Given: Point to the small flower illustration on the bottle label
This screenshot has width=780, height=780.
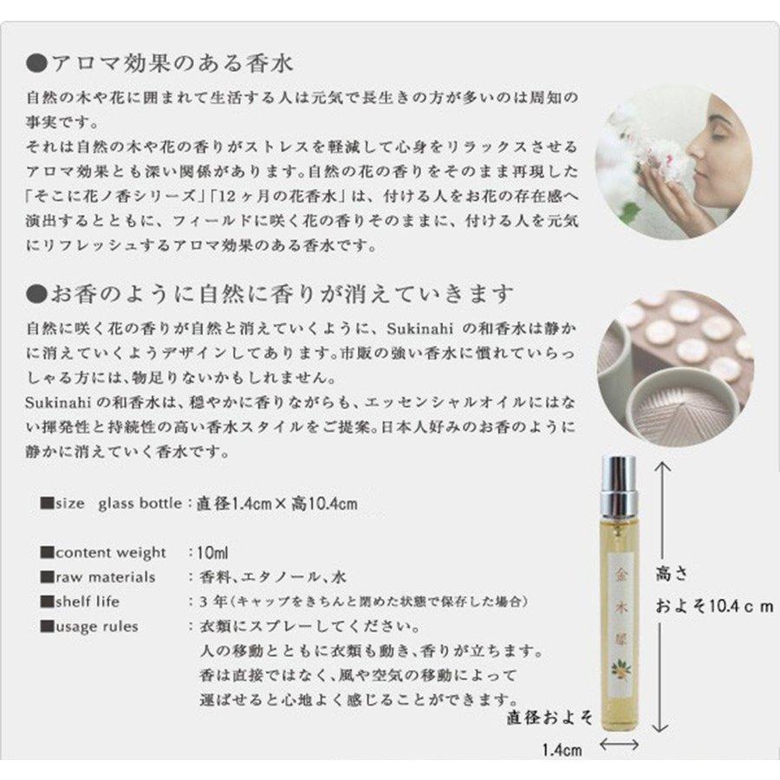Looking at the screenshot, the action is pos(621,668).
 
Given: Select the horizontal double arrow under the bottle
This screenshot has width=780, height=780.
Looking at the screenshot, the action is pos(620,744).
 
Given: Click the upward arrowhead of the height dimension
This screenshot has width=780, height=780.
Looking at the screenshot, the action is pos(662,467).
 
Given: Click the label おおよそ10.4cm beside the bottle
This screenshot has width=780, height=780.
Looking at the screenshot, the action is pos(714,607).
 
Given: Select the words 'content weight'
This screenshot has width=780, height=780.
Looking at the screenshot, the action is pos(110,553).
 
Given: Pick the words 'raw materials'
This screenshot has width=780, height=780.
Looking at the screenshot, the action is pos(105,577).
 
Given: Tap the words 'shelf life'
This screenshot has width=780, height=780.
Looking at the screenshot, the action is pos(88,601).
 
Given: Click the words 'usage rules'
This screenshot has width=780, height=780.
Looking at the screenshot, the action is pos(96,627).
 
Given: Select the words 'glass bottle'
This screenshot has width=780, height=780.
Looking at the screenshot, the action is pos(140,504).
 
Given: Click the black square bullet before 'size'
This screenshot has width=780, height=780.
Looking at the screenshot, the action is pos(47,503).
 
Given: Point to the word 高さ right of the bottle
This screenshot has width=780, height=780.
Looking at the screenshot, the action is pos(672,574).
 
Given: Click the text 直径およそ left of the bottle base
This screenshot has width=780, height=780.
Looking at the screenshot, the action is pos(549,718).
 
